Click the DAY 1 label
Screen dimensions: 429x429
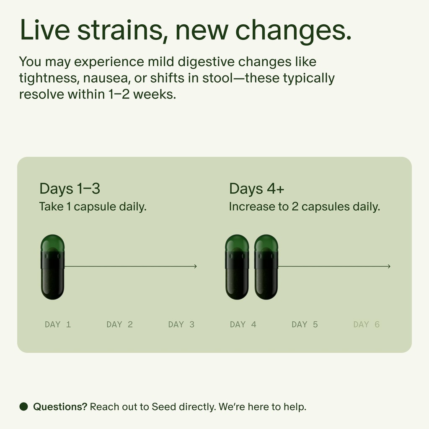[x=58, y=324]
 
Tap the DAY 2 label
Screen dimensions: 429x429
[x=119, y=324]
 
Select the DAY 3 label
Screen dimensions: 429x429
[x=181, y=324]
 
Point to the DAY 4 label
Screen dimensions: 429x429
[x=243, y=324]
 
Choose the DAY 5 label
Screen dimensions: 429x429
[x=305, y=324]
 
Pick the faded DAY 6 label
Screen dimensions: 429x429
[x=366, y=324]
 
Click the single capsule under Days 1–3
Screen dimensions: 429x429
[x=53, y=267]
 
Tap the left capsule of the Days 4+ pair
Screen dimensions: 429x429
[x=237, y=267]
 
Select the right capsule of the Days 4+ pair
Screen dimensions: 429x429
[x=266, y=267]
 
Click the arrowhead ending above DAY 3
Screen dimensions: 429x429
[x=195, y=266]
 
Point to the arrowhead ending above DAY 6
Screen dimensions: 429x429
[x=389, y=266]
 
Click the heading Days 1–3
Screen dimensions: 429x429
[x=70, y=189]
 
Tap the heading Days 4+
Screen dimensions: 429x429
[x=256, y=189]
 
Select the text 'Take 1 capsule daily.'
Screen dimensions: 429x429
[x=93, y=207]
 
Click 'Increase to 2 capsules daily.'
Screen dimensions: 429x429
[x=304, y=207]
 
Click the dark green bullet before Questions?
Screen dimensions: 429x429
[x=23, y=406]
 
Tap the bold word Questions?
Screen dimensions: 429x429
[x=60, y=406]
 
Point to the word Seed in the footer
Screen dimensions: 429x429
[x=164, y=406]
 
